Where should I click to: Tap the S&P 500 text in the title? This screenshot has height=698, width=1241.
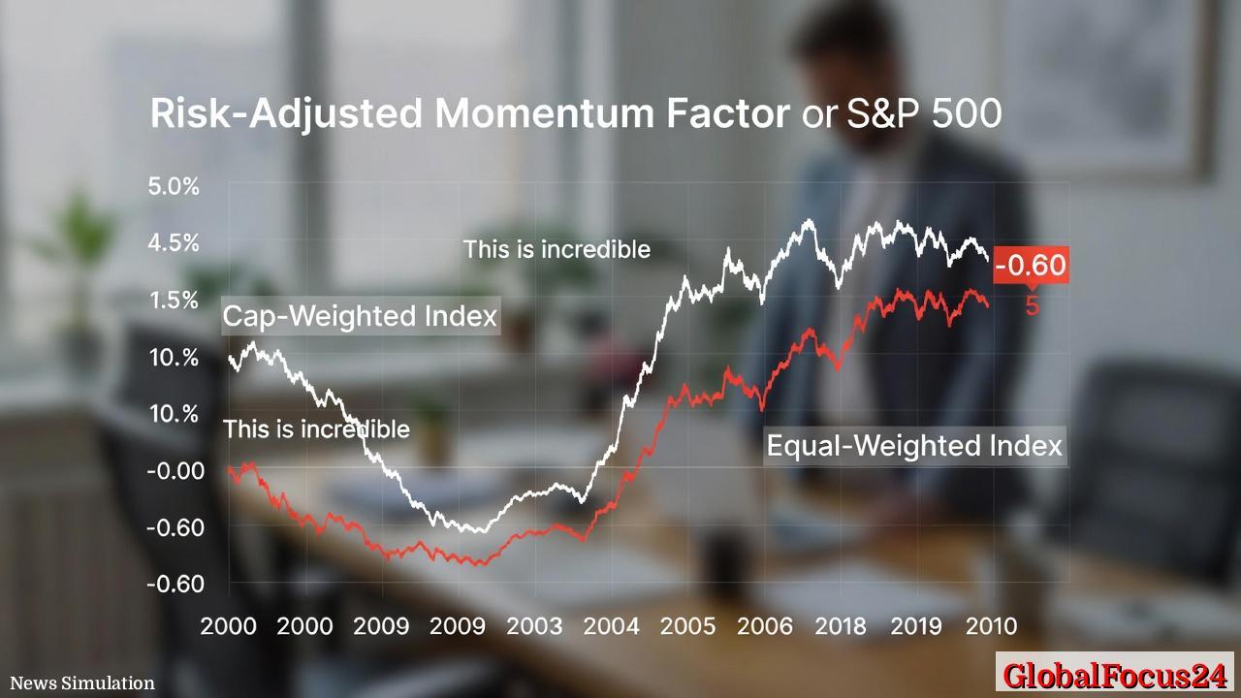tap(924, 114)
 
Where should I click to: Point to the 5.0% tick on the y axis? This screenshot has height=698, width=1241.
tap(174, 186)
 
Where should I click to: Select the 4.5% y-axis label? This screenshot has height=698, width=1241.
tap(174, 242)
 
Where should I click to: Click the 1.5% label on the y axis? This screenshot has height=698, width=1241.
tap(174, 300)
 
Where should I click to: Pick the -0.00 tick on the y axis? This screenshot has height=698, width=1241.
tap(175, 471)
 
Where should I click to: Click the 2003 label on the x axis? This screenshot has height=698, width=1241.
tap(535, 626)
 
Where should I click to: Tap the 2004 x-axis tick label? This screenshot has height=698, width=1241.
tap(612, 626)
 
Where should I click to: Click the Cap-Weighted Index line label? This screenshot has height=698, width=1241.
tap(360, 316)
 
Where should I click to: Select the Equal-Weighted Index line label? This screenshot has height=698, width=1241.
tap(914, 446)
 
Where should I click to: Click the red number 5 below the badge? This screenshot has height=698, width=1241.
tap(1033, 305)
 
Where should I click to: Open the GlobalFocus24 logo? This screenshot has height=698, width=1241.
tap(1114, 675)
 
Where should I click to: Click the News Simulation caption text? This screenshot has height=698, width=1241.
tap(82, 683)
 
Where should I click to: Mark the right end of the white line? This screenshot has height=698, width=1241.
tap(987, 258)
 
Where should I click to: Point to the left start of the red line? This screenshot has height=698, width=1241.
tap(230, 469)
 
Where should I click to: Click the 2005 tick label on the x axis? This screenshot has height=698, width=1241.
tap(689, 626)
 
